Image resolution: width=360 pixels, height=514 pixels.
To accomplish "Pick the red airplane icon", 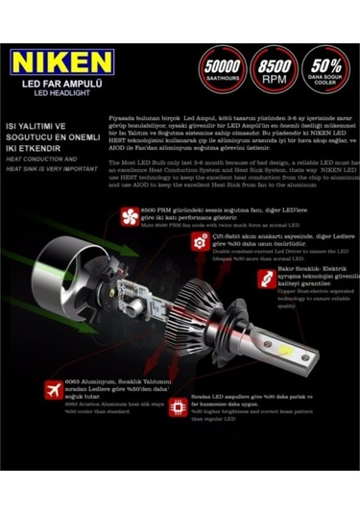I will tap(54, 392).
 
